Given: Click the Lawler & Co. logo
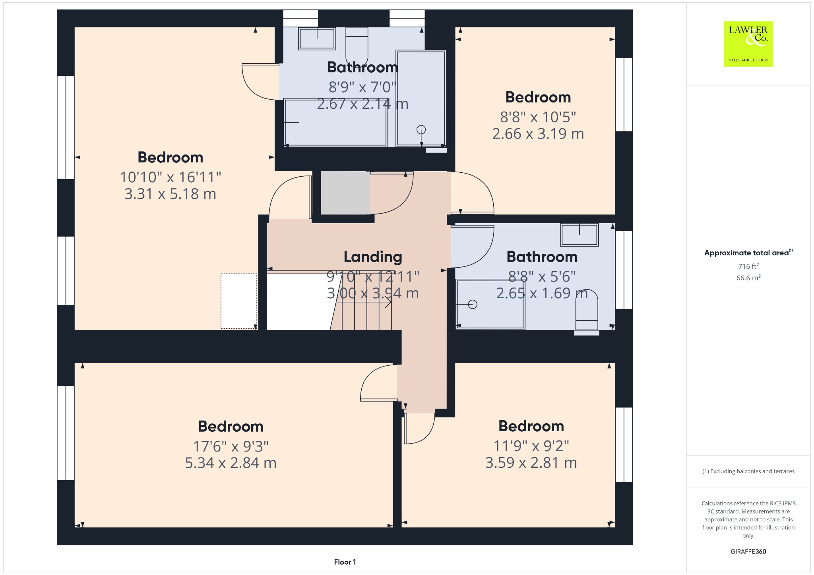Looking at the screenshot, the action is point(748,44).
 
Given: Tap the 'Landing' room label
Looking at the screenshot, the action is point(373,257).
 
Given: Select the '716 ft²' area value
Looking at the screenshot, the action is point(748,266).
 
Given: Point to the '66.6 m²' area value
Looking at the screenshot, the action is point(748,278).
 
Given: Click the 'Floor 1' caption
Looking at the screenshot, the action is point(345,562).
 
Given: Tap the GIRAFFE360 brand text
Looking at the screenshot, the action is point(748,551).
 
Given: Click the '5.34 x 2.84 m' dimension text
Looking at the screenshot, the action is point(231,463).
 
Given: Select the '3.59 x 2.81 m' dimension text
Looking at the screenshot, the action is point(531,462).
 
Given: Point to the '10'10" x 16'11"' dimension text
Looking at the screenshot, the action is point(171,177).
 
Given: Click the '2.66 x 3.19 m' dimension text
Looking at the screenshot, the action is point(538,133).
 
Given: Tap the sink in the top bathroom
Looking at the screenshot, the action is point(317,39).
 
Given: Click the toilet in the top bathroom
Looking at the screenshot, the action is point(357,45).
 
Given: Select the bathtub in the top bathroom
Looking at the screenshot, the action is point(335,122).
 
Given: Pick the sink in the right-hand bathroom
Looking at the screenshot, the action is point(579,235).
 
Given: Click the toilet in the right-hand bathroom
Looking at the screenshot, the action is point(587,310).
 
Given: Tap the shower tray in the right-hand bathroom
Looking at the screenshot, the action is point(490,304).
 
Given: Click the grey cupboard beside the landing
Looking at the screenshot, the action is point(345,193).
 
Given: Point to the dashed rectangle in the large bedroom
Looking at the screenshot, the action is point(239,301).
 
